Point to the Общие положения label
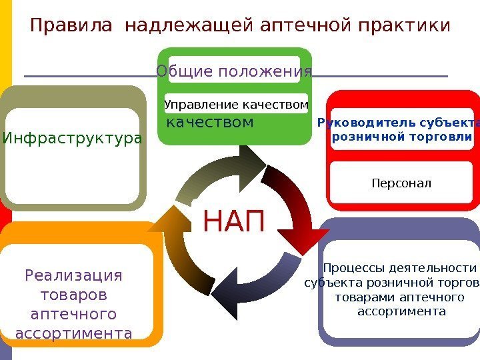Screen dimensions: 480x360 [234, 71]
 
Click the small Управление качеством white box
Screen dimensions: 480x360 [236, 104]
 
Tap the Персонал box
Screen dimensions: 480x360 [401, 182]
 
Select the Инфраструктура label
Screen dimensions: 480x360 [72, 139]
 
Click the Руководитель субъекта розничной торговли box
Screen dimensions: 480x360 [401, 129]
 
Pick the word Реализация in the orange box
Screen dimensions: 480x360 [74, 275]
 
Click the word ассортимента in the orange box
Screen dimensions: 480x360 [73, 332]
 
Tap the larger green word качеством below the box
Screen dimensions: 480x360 [209, 123]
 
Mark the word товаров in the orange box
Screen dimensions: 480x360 [74, 294]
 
